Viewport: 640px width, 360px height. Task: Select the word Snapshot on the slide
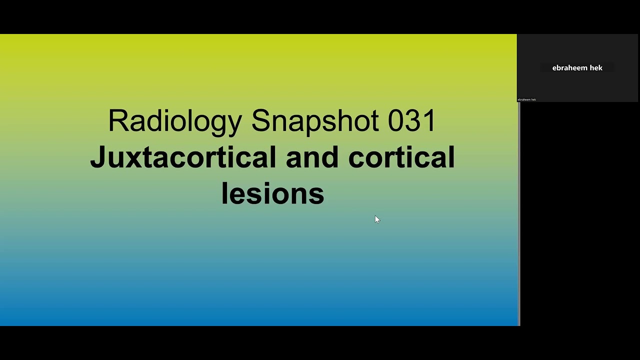tap(315, 121)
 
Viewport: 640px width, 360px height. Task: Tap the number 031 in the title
tap(411, 121)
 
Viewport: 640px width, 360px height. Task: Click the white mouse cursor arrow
tap(377, 219)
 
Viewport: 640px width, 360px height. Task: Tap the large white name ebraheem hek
tap(577, 68)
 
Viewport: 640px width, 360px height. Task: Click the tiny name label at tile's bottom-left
tap(526, 99)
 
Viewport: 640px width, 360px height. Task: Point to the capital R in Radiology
tap(118, 121)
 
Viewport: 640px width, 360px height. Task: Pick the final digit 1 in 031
tap(430, 121)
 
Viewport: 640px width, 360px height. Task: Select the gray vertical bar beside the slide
tap(519, 215)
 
